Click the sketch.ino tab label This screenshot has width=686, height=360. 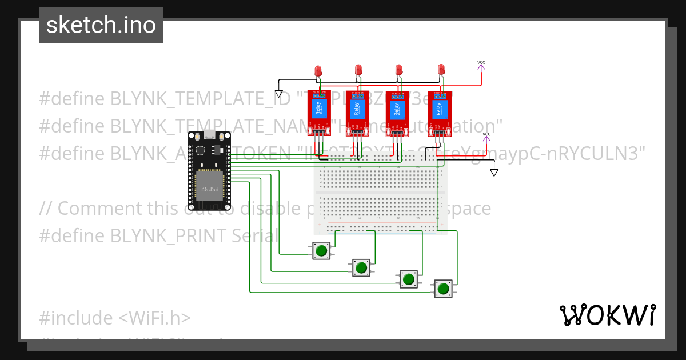click(x=101, y=25)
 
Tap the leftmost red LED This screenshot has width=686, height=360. click(x=318, y=71)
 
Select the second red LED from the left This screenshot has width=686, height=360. click(x=358, y=70)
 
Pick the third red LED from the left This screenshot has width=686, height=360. click(x=399, y=70)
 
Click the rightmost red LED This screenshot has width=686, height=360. click(x=441, y=70)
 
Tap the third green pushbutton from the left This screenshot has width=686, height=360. click(x=408, y=279)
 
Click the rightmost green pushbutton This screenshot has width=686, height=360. click(x=443, y=289)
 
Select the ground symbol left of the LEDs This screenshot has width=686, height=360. click(x=279, y=93)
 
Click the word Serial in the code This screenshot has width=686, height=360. click(x=255, y=235)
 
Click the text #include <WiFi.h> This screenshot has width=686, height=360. click(x=115, y=318)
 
